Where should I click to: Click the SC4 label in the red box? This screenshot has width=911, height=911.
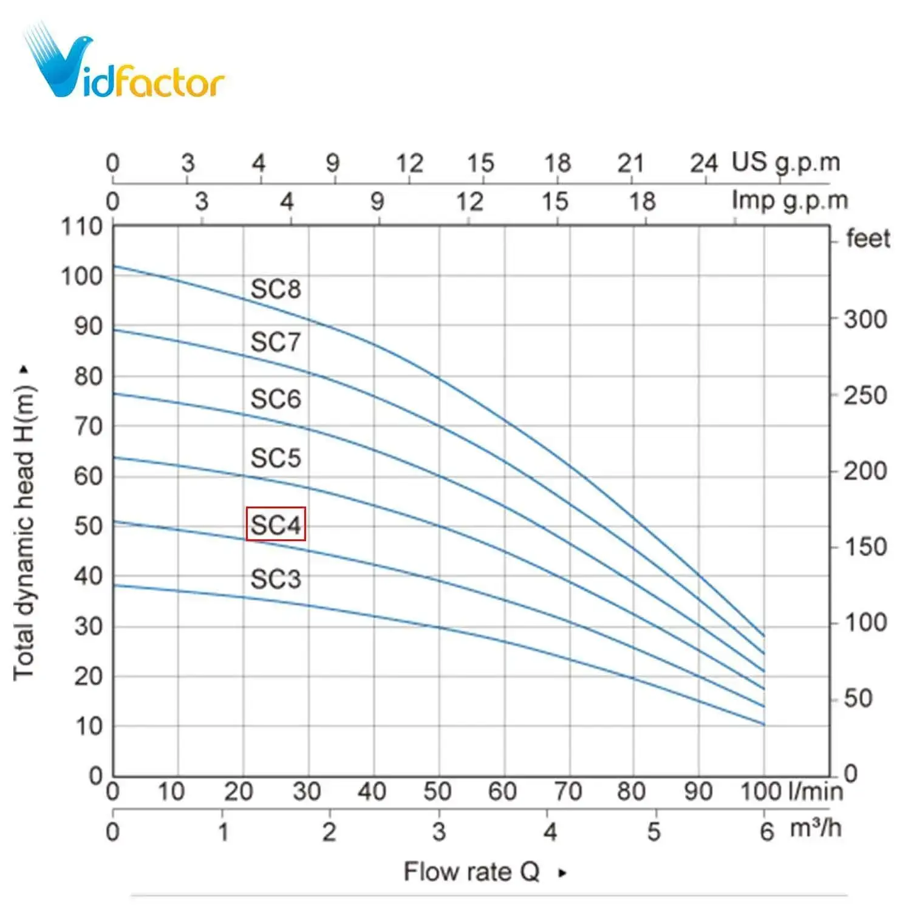[x=276, y=524]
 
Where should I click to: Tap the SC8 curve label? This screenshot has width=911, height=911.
[x=276, y=289]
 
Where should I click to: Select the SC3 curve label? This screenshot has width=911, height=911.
[x=276, y=579]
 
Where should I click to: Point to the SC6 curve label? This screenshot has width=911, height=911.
[x=276, y=399]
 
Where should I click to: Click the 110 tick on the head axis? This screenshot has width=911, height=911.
[x=81, y=227]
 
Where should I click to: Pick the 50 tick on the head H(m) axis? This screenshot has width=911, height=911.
[x=88, y=526]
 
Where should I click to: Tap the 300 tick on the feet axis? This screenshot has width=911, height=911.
[x=865, y=319]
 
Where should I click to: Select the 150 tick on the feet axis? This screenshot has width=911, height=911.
[x=865, y=547]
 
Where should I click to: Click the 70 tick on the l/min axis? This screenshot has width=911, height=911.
[x=568, y=791]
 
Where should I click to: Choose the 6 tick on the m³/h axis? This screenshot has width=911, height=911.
[x=767, y=831]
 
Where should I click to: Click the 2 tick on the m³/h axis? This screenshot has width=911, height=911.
[x=329, y=831]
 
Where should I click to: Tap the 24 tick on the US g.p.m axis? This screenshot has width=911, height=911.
[x=704, y=163]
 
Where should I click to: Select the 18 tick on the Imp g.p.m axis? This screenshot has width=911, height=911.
[x=643, y=201]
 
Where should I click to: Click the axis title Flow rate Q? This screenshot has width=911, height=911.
[x=472, y=872]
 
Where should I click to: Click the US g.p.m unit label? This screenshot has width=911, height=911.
[x=786, y=163]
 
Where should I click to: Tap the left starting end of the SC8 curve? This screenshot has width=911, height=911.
[x=115, y=266]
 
